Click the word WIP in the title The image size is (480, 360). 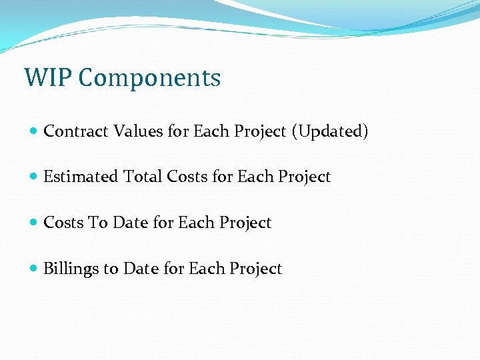[47, 78]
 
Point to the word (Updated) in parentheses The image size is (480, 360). [329, 131]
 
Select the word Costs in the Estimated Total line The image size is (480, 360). [187, 177]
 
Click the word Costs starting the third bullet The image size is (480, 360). [63, 223]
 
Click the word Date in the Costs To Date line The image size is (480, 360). [131, 223]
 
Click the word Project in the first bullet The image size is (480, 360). [261, 131]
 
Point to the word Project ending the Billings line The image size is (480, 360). [255, 269]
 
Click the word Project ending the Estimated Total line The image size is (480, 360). [304, 177]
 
